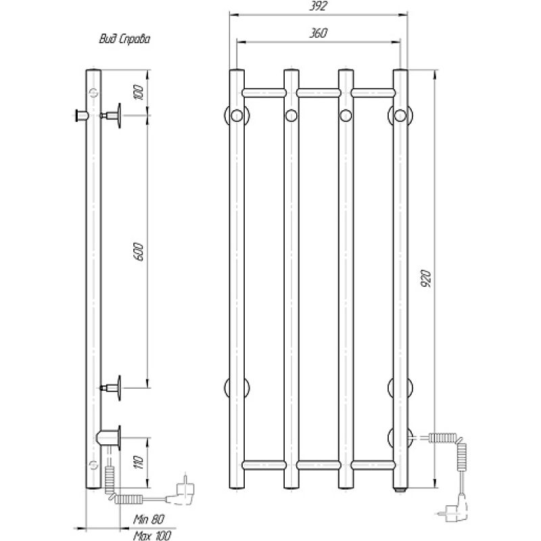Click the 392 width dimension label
[x=319, y=6]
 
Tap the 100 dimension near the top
[x=140, y=93]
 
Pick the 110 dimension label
[x=140, y=462]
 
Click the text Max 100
[x=150, y=534]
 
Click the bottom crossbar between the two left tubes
[x=264, y=464]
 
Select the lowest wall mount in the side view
[x=110, y=435]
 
